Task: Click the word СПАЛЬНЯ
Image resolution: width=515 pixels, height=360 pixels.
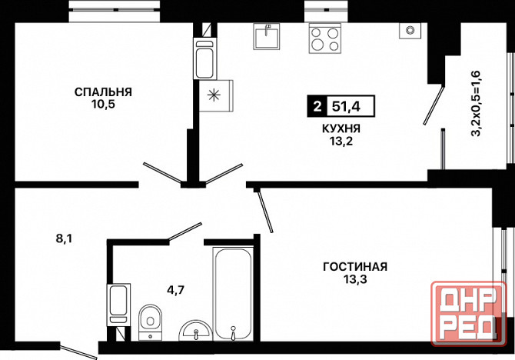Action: [x=103, y=92]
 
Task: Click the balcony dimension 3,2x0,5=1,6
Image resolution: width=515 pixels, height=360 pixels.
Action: [x=476, y=103]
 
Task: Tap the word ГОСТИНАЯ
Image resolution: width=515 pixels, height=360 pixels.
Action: [x=355, y=267]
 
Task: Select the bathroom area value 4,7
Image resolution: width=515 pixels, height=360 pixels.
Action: [x=176, y=291]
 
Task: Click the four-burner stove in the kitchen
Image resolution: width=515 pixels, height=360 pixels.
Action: [x=324, y=38]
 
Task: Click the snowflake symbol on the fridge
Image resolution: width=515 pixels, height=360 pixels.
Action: [x=214, y=95]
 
